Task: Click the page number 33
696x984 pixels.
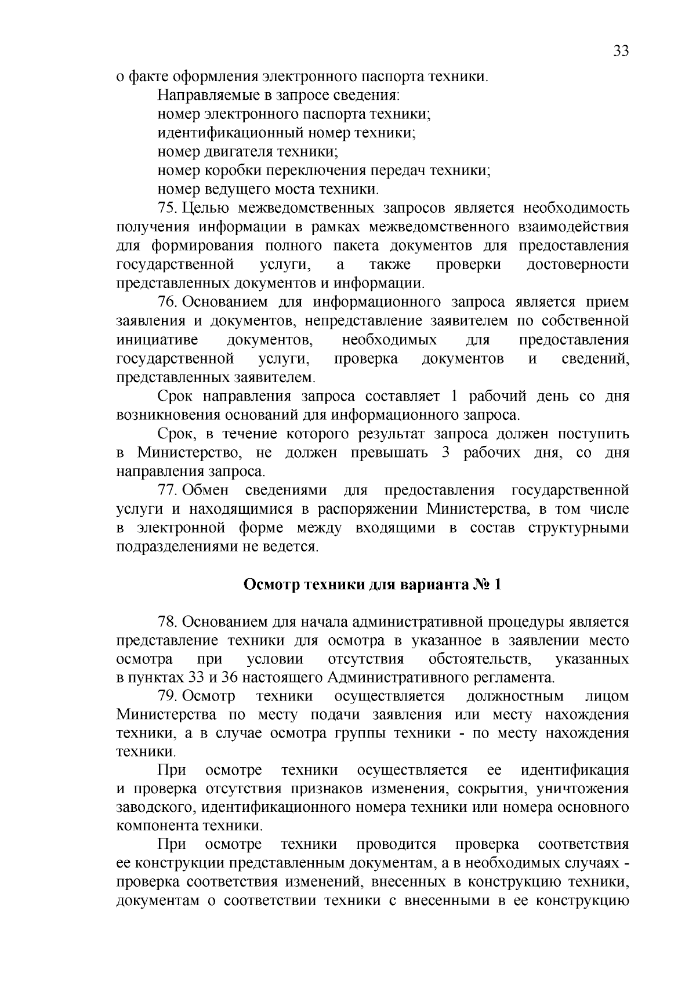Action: [x=620, y=51]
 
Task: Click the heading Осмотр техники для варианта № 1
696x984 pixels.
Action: [x=372, y=584]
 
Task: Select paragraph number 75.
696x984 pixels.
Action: [x=167, y=208]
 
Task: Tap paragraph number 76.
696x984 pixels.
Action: [x=167, y=302]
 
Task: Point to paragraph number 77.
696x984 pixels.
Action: [x=167, y=491]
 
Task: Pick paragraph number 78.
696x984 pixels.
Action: [x=167, y=622]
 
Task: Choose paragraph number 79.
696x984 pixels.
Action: [x=167, y=696]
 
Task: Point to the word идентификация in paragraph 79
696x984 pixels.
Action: [x=574, y=771]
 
